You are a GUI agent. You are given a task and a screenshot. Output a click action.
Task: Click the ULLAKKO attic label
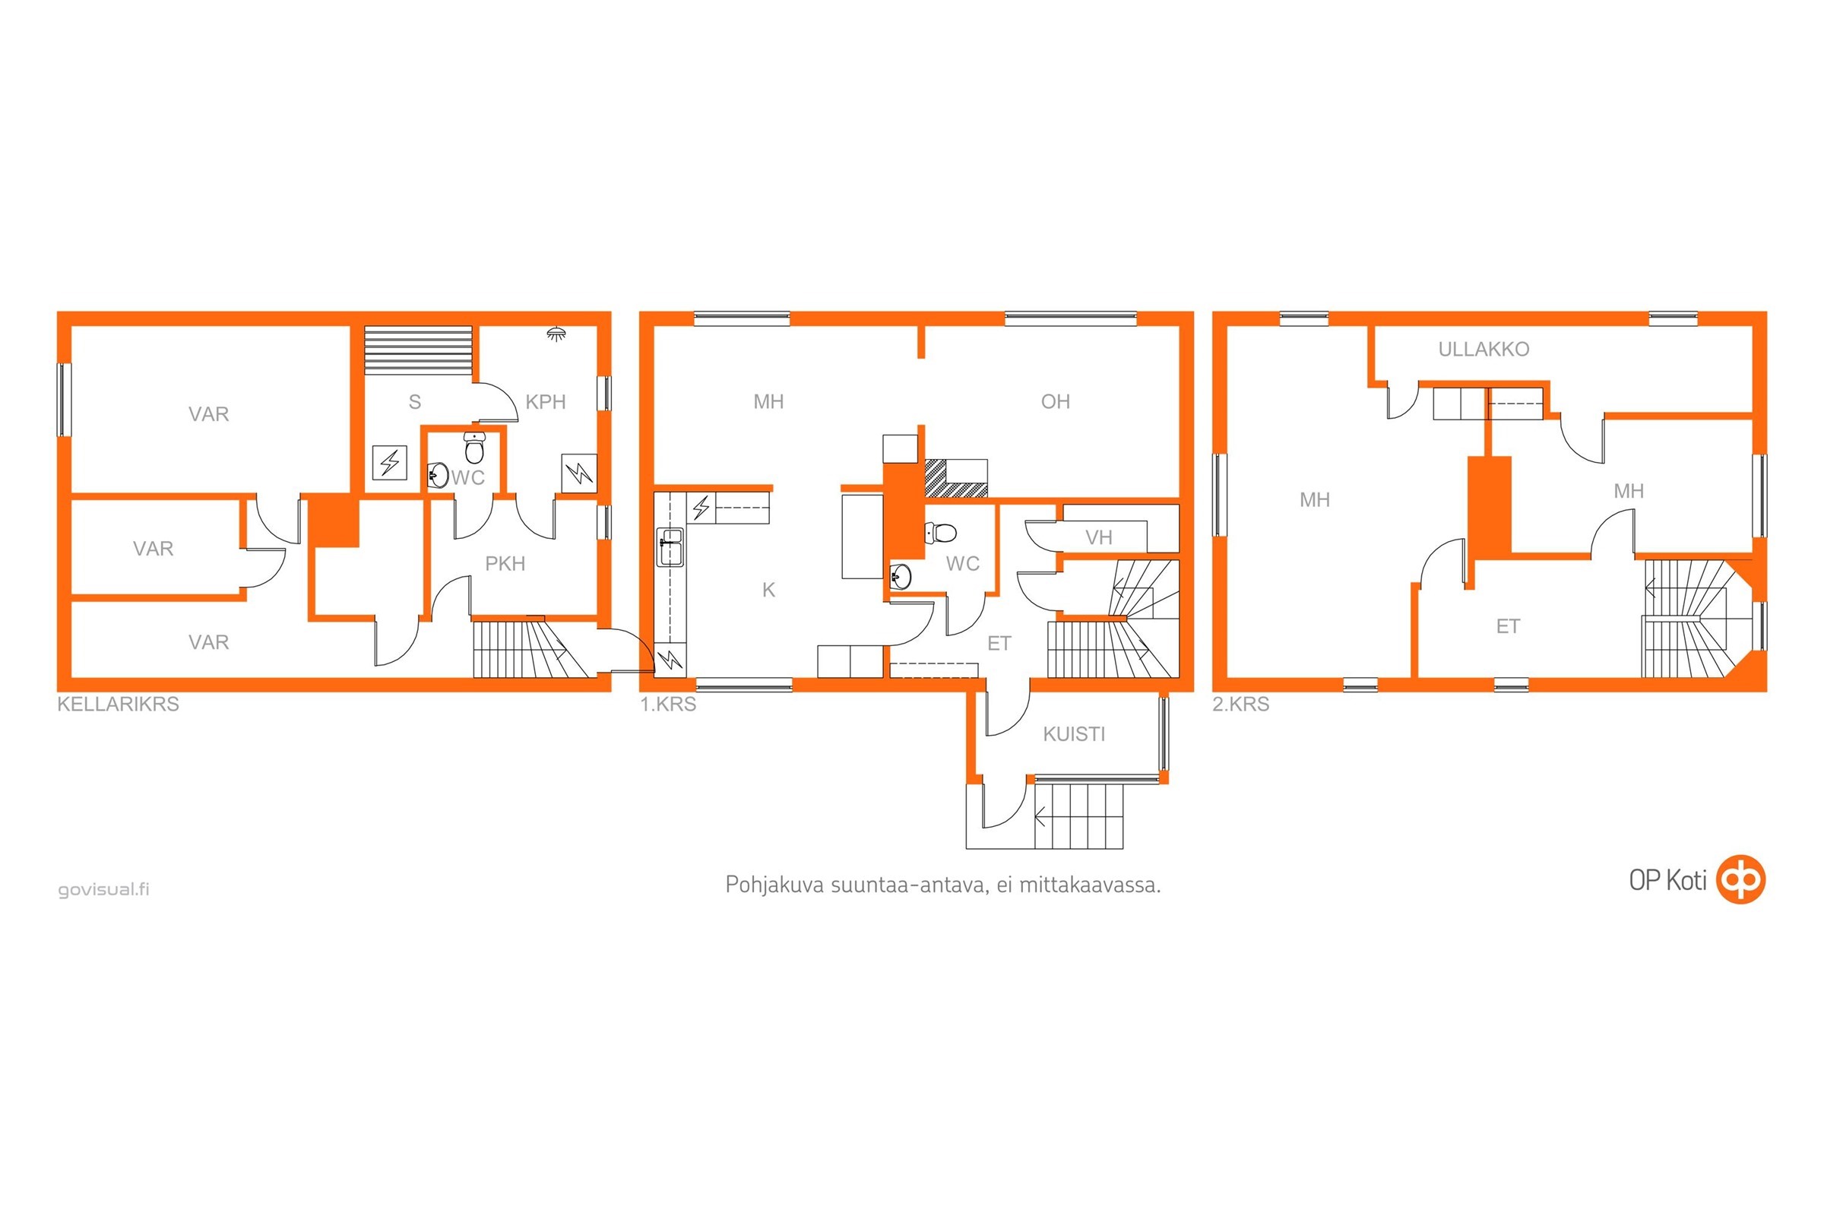pos(1483,350)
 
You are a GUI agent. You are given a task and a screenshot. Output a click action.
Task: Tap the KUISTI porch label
pos(1073,734)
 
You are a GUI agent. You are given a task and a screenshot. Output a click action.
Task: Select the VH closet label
pos(1098,537)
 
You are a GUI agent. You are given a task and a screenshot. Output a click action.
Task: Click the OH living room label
pos(1055,402)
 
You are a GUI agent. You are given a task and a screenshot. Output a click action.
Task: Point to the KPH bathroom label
pos(545,402)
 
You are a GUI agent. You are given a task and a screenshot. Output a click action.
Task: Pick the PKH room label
pos(505,564)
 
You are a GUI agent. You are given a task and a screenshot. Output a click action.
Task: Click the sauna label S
pos(415,402)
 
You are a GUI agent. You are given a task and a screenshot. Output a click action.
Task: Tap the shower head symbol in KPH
pos(556,334)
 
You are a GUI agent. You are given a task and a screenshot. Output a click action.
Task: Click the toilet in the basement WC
pos(474,447)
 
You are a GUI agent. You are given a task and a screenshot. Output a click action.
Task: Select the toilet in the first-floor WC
pos(940,533)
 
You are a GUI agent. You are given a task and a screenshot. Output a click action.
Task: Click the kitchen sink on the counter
pos(671,547)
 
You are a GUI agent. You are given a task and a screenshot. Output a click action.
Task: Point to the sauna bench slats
pos(418,350)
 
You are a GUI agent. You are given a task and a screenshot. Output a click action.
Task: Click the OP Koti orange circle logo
pos(1741,879)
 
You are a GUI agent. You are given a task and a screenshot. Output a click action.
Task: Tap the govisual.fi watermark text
pos(104,889)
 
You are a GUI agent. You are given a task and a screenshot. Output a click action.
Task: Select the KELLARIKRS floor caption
pos(118,705)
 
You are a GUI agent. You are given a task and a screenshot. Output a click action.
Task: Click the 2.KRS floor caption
pos(1241,705)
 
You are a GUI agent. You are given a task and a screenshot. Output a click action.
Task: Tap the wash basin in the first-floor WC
pos(901,576)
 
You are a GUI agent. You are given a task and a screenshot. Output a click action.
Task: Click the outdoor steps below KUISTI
pos(1078,815)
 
